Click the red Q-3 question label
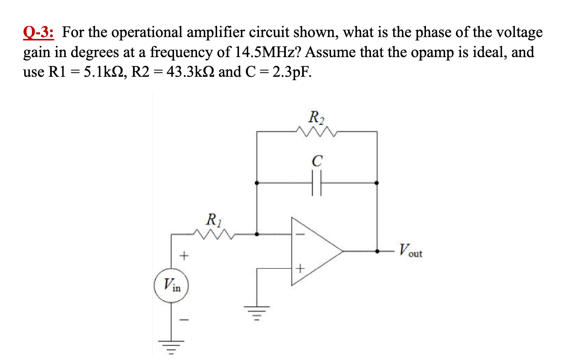(38, 33)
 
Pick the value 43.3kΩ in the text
(191, 72)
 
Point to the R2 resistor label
(316, 117)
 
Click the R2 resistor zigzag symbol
(317, 132)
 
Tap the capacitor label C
(317, 161)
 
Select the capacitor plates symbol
(317, 183)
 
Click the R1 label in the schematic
(214, 219)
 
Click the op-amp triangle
(314, 251)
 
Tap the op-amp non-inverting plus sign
(300, 269)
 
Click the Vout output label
(411, 251)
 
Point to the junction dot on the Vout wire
(377, 251)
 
